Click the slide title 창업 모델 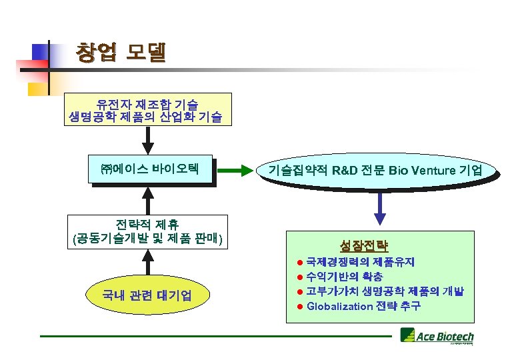[120, 53]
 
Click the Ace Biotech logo [437, 337]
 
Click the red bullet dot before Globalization [300, 307]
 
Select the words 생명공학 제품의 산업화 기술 [147, 118]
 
